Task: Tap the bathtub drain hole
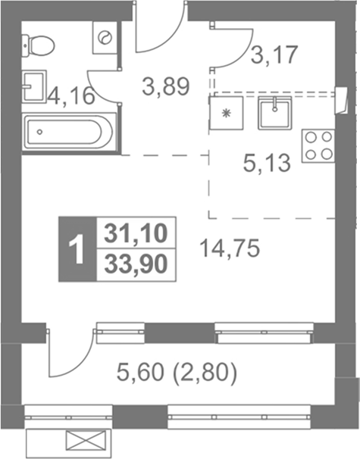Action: tap(40, 132)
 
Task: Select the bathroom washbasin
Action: tap(33, 86)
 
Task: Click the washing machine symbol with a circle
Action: tap(105, 37)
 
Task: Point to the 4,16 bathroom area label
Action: tap(71, 95)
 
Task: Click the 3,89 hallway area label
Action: tap(166, 86)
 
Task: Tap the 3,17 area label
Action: tap(274, 55)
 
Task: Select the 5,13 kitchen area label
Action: tap(267, 163)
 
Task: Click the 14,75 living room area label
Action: tap(230, 248)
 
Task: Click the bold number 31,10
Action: tap(136, 233)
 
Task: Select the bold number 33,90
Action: tap(136, 264)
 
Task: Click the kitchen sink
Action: tap(275, 114)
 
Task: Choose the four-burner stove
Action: tap(318, 146)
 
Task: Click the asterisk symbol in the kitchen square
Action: tap(226, 113)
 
